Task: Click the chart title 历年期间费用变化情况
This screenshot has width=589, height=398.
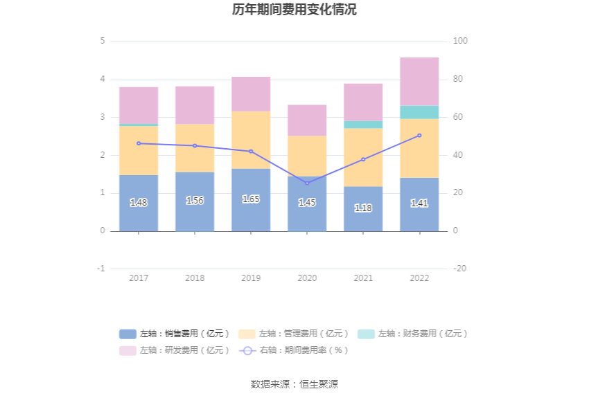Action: pos(294,10)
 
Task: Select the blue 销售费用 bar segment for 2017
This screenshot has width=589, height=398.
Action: pos(139,215)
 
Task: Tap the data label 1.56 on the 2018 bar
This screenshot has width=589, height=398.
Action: pos(195,200)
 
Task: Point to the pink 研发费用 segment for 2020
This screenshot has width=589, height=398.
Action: pos(307,120)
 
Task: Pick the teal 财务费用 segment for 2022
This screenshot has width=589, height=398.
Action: pos(419,112)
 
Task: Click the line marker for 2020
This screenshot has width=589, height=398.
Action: pos(307,183)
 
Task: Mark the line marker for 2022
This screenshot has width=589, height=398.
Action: pos(419,136)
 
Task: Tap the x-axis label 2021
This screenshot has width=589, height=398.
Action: pos(363,278)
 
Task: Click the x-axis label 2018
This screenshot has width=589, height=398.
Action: pos(195,278)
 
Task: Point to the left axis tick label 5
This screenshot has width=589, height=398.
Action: pos(103,41)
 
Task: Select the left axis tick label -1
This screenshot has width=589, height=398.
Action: pos(101,269)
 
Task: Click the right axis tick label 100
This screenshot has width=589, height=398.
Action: pos(460,41)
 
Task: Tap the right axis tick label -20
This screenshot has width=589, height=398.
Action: pos(460,269)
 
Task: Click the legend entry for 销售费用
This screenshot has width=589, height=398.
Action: pos(174,334)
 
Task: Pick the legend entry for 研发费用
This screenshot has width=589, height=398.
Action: pos(174,350)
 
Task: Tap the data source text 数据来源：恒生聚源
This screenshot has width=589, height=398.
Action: pos(294,384)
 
